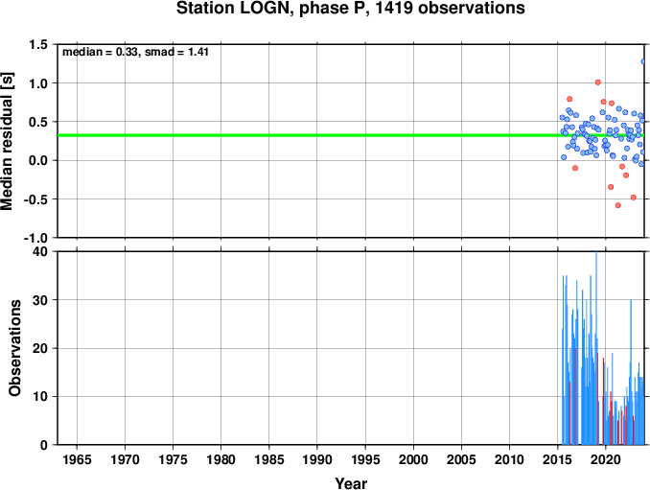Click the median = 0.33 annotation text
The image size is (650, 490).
tap(100, 52)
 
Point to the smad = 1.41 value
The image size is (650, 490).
tap(176, 52)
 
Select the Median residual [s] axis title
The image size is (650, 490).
tap(7, 142)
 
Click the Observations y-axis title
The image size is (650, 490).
tap(14, 348)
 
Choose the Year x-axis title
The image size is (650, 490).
tap(351, 483)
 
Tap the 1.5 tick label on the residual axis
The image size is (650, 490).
tap(38, 44)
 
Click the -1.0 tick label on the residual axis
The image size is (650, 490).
tap(36, 238)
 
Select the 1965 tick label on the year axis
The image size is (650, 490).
tap(77, 459)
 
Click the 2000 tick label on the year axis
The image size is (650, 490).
tap(413, 459)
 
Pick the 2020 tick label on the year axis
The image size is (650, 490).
tap(606, 459)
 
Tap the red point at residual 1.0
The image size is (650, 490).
tap(598, 82)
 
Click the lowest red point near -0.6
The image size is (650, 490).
tap(618, 205)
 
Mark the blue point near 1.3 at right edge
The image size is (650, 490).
tap(643, 61)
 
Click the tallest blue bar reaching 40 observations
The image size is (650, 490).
tap(596, 348)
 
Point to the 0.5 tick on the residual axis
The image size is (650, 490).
tap(38, 122)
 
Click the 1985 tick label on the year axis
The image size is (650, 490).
tap(269, 459)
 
